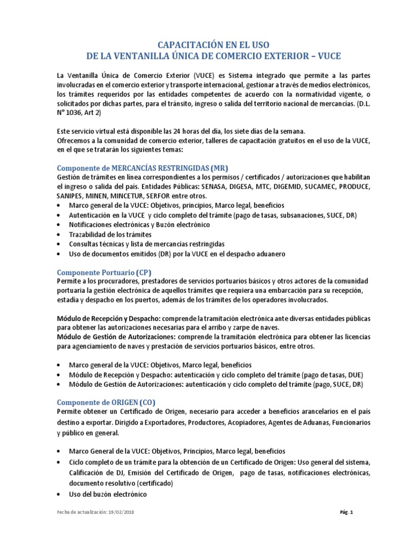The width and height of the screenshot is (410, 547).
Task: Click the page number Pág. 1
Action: (x=346, y=513)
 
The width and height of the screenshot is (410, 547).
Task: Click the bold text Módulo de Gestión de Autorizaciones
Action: (x=110, y=337)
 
